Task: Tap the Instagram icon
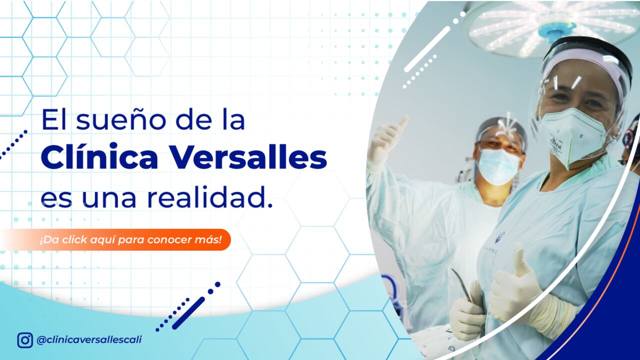pyautogui.click(x=25, y=340)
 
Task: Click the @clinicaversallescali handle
pyautogui.click(x=89, y=339)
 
